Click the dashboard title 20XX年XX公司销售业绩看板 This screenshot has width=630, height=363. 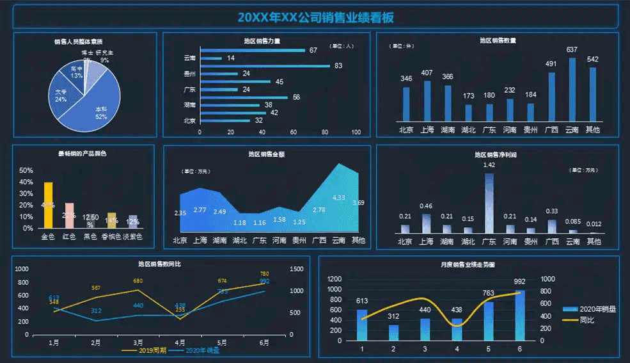(315, 17)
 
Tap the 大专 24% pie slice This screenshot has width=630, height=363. (63, 97)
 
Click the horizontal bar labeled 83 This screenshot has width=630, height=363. (265, 65)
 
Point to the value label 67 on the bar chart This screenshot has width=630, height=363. (313, 51)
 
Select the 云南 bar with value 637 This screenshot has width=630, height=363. (572, 89)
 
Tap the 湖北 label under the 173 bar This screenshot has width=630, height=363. (468, 130)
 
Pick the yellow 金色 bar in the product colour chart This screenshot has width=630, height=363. (48, 205)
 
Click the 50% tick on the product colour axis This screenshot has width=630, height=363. (26, 171)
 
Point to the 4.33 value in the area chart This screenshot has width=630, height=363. (338, 198)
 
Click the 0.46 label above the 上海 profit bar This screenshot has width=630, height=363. (426, 206)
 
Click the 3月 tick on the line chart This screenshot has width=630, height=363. (138, 343)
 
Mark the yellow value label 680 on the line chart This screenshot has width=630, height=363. (138, 281)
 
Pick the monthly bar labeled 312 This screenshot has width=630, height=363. (393, 332)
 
